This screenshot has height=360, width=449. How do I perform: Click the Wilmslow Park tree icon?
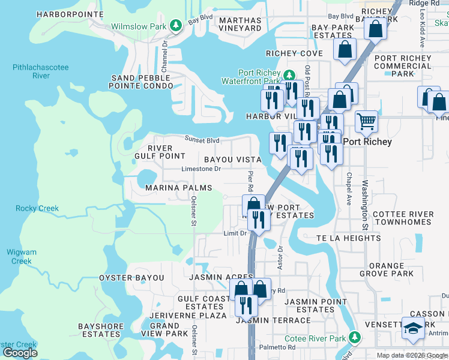(176, 26)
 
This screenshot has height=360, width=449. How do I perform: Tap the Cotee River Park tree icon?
(355, 338)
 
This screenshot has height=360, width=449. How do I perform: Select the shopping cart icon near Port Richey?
(366, 122)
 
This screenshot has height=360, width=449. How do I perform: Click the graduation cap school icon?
(413, 328)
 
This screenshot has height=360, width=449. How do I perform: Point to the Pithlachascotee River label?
(41, 72)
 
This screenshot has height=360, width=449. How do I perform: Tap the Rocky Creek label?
(37, 208)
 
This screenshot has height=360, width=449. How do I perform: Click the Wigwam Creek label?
(22, 256)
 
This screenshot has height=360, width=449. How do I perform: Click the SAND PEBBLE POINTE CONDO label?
(140, 82)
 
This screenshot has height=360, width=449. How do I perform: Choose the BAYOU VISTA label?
(232, 160)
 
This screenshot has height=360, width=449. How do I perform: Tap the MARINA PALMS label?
(179, 188)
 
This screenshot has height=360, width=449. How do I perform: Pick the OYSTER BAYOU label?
(131, 278)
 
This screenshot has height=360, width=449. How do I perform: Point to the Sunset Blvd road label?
(202, 140)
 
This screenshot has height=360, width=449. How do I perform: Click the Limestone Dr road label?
(202, 169)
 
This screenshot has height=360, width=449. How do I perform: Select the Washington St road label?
(364, 205)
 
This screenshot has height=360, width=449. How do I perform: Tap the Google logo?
(19, 353)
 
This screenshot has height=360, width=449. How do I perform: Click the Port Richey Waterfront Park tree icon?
(289, 76)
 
